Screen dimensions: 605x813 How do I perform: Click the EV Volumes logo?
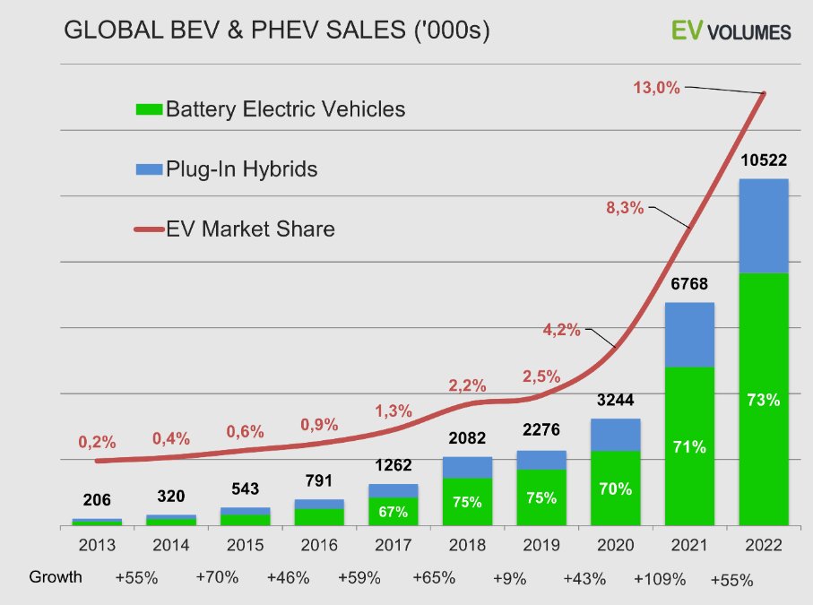(731, 31)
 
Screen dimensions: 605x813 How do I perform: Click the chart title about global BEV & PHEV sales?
(276, 31)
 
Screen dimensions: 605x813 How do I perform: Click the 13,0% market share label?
(656, 88)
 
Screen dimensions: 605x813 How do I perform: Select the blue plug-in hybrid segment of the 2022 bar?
(763, 226)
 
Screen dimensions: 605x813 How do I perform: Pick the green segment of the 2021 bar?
(688, 445)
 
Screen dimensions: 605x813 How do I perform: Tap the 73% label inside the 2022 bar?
(763, 400)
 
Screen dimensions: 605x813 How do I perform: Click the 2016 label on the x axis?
(318, 545)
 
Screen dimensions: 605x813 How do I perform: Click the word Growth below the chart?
(56, 576)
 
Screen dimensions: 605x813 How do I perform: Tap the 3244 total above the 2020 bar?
(615, 401)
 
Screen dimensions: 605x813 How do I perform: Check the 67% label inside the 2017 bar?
(393, 512)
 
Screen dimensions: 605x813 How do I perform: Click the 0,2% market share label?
(97, 442)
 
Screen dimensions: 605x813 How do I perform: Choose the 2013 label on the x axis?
(96, 545)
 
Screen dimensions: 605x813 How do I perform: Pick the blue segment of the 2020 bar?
(615, 435)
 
